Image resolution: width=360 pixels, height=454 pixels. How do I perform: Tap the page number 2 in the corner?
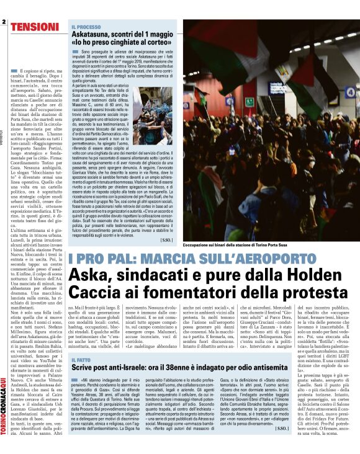(x=4, y=24)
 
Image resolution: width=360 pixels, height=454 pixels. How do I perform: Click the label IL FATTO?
(x=81, y=360)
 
